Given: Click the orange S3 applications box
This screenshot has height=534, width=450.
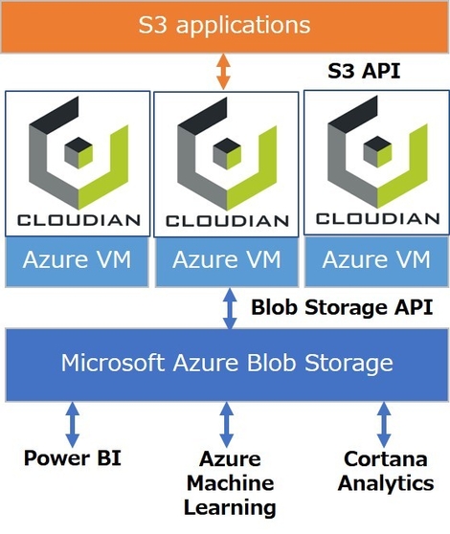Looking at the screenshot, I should pyautogui.click(x=225, y=25).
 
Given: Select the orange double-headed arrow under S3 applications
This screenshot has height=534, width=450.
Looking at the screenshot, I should pyautogui.click(x=222, y=71).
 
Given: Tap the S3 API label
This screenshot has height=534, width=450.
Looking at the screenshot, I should pyautogui.click(x=364, y=71).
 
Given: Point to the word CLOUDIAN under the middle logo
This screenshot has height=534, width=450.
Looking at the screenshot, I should pyautogui.click(x=228, y=221).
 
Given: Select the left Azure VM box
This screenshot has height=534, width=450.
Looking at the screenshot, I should pyautogui.click(x=78, y=258).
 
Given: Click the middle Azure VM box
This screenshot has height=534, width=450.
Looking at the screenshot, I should pyautogui.click(x=228, y=259).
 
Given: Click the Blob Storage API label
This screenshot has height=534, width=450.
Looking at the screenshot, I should pyautogui.click(x=342, y=307).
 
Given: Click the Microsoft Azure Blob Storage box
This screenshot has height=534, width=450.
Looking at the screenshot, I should pyautogui.click(x=226, y=363).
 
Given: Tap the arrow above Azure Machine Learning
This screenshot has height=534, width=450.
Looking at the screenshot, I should pyautogui.click(x=227, y=422).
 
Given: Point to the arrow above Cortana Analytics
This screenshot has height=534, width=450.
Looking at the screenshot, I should pyautogui.click(x=384, y=422).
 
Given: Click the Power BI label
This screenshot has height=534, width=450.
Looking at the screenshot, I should pyautogui.click(x=73, y=457).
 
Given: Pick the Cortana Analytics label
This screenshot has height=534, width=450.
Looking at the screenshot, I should pyautogui.click(x=385, y=471).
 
